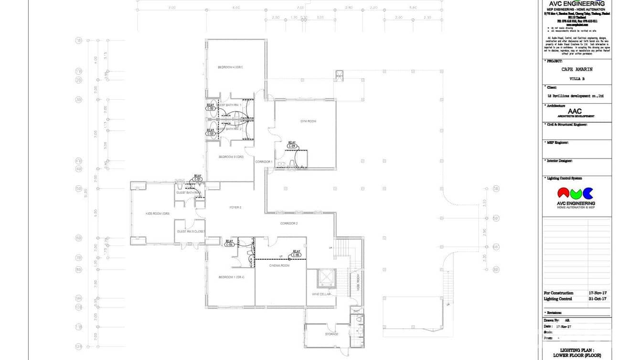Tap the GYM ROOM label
point(308,121)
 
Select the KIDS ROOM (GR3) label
point(158,213)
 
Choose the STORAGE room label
point(331,334)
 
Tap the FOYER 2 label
point(235,207)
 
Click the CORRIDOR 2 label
point(289,223)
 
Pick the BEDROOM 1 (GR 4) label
point(232,277)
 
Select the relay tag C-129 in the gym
point(292,146)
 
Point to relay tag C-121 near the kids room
point(198,179)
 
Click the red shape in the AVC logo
point(564,193)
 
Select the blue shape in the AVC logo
point(588,193)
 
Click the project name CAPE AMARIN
point(577,70)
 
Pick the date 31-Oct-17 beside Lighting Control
point(598,299)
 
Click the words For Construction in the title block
point(558,293)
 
